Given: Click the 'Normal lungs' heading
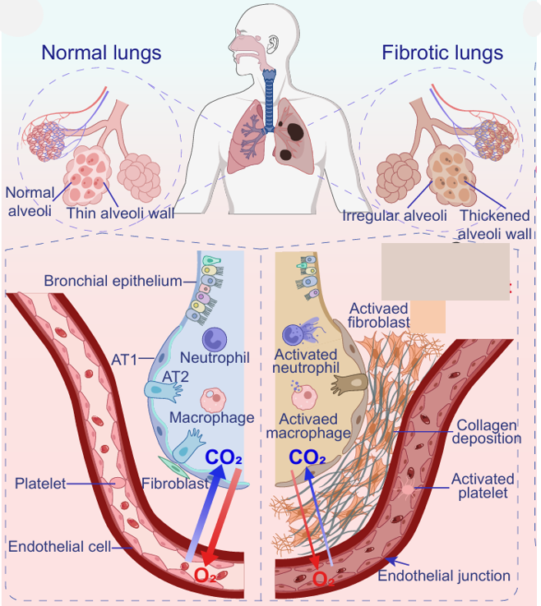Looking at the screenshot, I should point(101,53).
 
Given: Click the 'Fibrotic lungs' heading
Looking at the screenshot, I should point(442,53).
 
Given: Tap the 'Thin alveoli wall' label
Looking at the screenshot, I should point(121,213).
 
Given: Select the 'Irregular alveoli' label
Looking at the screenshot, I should point(395,216).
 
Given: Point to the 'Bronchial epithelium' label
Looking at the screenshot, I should point(113,282).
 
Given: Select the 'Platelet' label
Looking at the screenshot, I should point(40,483).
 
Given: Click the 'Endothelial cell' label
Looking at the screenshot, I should point(58,546).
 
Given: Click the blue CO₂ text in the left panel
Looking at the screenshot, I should point(223,457).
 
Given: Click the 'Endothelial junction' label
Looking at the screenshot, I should point(444,576).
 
